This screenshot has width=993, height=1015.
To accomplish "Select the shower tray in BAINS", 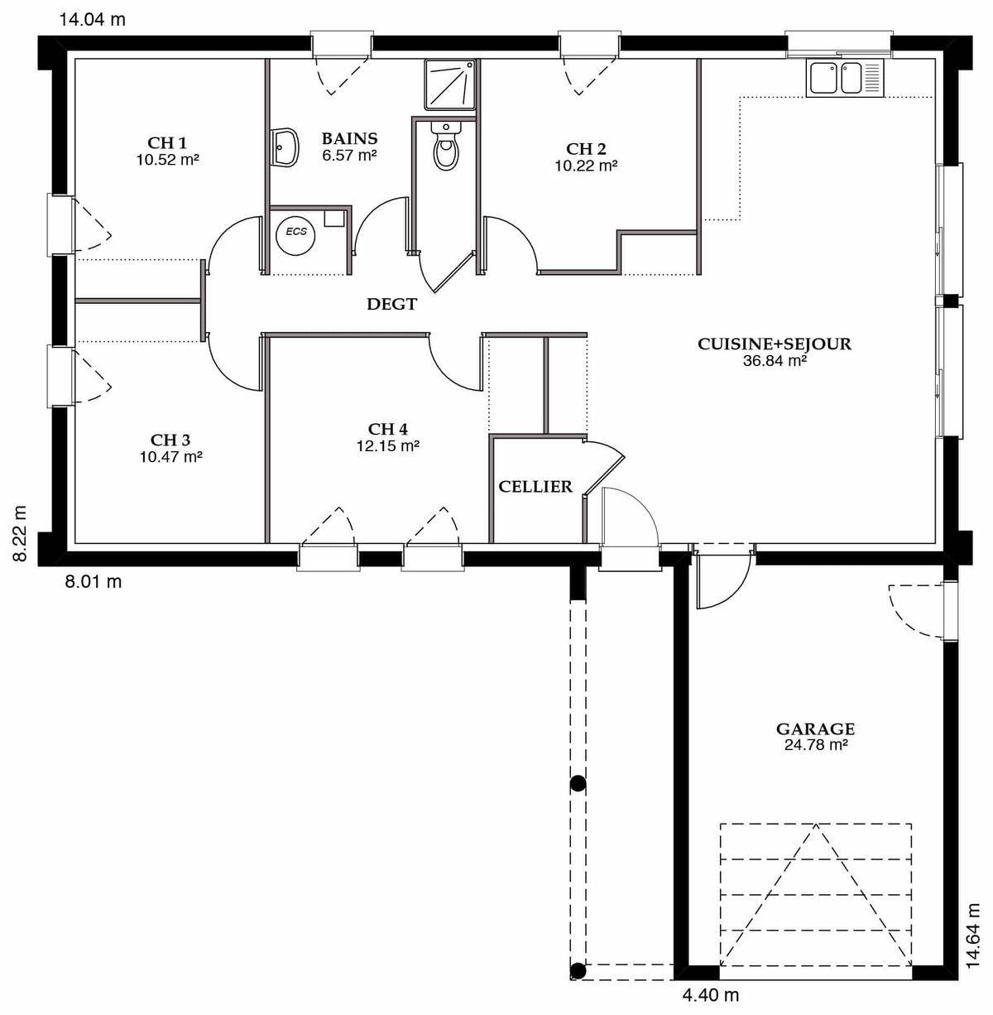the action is pos(450,84).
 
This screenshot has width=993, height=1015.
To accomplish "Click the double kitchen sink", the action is pos(845,79).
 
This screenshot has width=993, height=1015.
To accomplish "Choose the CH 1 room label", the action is pos(167,142).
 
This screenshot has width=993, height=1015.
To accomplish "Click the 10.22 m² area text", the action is pos(586,166).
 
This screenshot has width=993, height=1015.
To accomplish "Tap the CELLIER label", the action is pos(535,487).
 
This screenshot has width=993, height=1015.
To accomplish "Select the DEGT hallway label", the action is pos(391,304).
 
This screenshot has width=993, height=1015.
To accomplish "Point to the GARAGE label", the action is pos(816,729).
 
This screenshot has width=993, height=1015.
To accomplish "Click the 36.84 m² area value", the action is pos(775,361).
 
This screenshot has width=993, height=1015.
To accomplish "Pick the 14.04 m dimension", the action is pos(93,20).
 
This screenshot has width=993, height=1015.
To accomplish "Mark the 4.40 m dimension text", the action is pos(711,995).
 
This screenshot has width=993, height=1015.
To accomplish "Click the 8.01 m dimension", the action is pos(94,581).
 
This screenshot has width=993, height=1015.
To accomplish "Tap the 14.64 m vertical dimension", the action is pos(973,936).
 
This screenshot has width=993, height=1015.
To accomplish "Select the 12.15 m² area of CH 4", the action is pos(388,446).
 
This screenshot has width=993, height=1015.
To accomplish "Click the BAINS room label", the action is pos(349,138).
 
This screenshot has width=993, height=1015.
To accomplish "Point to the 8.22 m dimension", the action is pos(20,533).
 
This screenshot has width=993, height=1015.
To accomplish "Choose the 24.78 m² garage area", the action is pos(816,745).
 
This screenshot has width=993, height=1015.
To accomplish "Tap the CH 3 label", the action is pos(170,440).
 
